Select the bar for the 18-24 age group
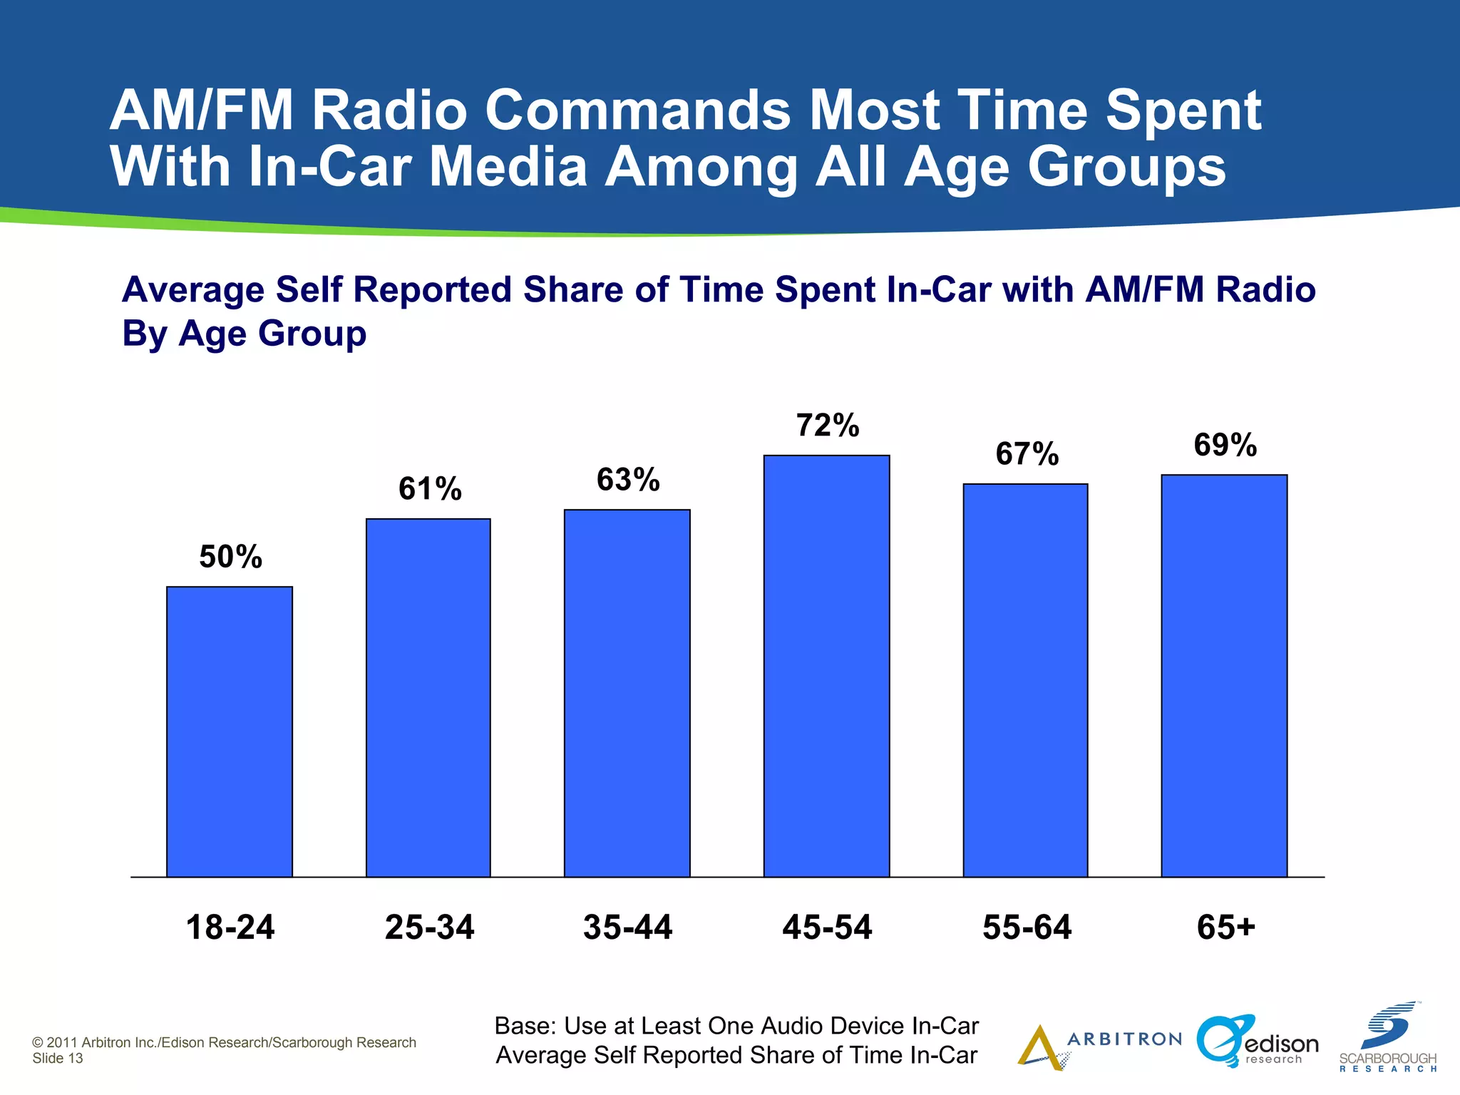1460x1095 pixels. (230, 731)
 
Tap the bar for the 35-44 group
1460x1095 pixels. (627, 693)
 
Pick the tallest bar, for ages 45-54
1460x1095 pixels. (827, 666)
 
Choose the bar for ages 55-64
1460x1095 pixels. (1026, 680)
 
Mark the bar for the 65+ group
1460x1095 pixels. (1225, 676)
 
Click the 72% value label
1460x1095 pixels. (828, 426)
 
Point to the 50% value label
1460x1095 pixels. (230, 557)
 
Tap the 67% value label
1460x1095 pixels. (1027, 454)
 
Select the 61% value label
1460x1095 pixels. (430, 489)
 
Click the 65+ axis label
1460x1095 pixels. (1225, 927)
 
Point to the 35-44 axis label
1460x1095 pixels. (627, 927)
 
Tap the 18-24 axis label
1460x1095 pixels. (230, 927)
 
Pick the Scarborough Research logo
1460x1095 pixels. (1388, 1038)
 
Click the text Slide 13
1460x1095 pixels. (58, 1059)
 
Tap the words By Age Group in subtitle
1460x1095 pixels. (244, 333)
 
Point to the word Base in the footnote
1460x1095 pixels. (524, 1026)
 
